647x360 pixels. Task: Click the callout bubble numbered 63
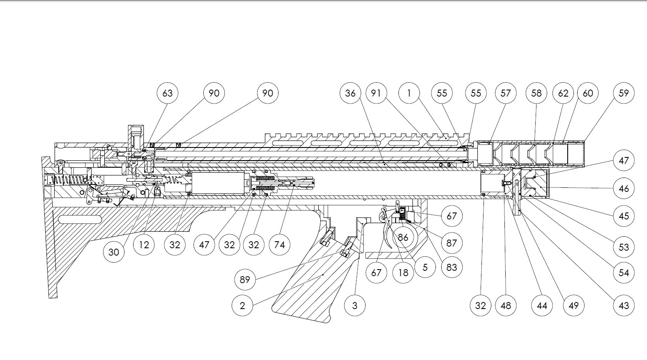coord(168,93)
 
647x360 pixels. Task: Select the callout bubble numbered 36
coord(350,93)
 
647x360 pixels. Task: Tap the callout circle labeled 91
coord(376,93)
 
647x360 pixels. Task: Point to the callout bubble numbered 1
coord(409,93)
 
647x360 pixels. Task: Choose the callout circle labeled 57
coord(506,93)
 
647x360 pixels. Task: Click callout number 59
coord(624,93)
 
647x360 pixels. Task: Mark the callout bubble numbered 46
coord(624,189)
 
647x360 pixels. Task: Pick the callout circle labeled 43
coord(624,305)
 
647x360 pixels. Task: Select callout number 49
coord(573,305)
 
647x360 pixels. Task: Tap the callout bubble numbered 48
coord(506,305)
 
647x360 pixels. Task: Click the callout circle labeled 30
coord(114,252)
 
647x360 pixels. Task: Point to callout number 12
coord(144,245)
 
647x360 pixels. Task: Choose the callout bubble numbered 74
coord(279,245)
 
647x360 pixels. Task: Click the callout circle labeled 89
coord(245,280)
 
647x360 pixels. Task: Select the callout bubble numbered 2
coord(242,305)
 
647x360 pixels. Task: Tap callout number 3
coord(355,305)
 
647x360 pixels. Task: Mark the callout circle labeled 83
coord(451,267)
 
